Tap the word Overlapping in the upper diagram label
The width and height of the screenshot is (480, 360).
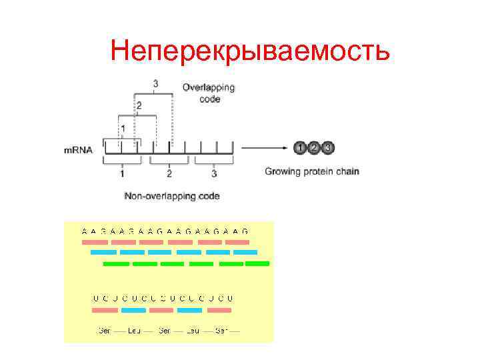[x=209, y=88]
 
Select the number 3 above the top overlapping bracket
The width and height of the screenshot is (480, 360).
[x=156, y=84]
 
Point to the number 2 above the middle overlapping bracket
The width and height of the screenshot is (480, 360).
[x=139, y=105]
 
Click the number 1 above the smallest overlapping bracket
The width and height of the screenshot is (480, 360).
[x=123, y=127]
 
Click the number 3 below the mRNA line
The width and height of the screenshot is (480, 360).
[x=213, y=174]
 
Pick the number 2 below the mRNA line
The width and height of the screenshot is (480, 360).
[x=169, y=174]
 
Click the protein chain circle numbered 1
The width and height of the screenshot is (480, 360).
[x=301, y=147]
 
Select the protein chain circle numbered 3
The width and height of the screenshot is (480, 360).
[x=327, y=147]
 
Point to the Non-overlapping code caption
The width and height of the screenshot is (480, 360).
[x=172, y=196]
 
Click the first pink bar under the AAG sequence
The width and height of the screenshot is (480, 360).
[x=94, y=242]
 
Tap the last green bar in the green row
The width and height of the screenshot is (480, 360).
[x=257, y=263]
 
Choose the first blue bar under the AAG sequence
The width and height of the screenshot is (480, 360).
[x=103, y=253]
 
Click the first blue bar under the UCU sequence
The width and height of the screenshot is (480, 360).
[x=133, y=310]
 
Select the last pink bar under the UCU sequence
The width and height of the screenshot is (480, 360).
[x=219, y=310]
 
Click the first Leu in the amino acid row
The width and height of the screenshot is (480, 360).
[x=134, y=330]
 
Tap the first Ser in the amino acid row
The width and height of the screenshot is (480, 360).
[x=104, y=330]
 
